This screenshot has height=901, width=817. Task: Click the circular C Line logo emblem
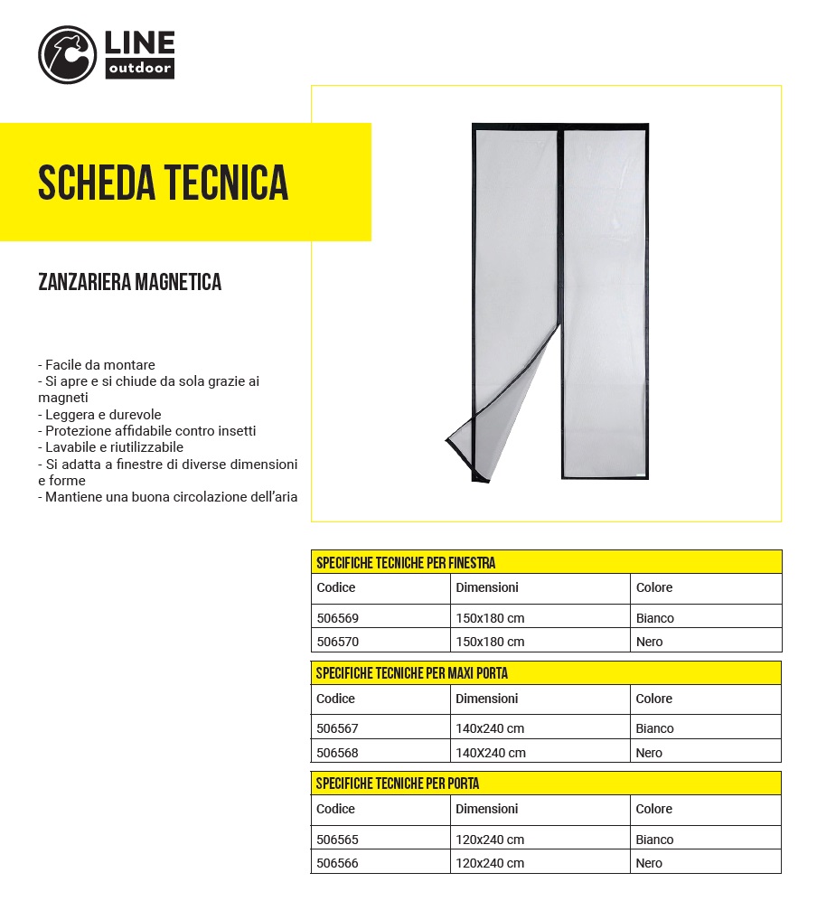click(x=67, y=55)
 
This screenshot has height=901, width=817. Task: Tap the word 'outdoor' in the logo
click(x=140, y=69)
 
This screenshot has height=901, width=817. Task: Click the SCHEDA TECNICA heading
click(x=164, y=183)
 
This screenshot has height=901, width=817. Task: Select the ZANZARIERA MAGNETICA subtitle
click(x=130, y=282)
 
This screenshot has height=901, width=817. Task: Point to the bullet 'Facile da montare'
click(x=97, y=365)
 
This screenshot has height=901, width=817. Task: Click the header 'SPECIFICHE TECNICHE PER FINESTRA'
click(x=406, y=563)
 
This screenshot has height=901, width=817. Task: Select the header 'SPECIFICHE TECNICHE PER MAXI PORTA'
click(x=412, y=673)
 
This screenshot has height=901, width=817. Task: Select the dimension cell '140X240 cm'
click(x=490, y=753)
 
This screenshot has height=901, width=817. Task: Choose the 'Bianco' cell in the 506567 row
click(x=654, y=729)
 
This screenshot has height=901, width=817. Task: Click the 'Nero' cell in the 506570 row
click(x=649, y=642)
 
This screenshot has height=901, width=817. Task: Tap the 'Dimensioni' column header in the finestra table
click(x=487, y=587)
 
